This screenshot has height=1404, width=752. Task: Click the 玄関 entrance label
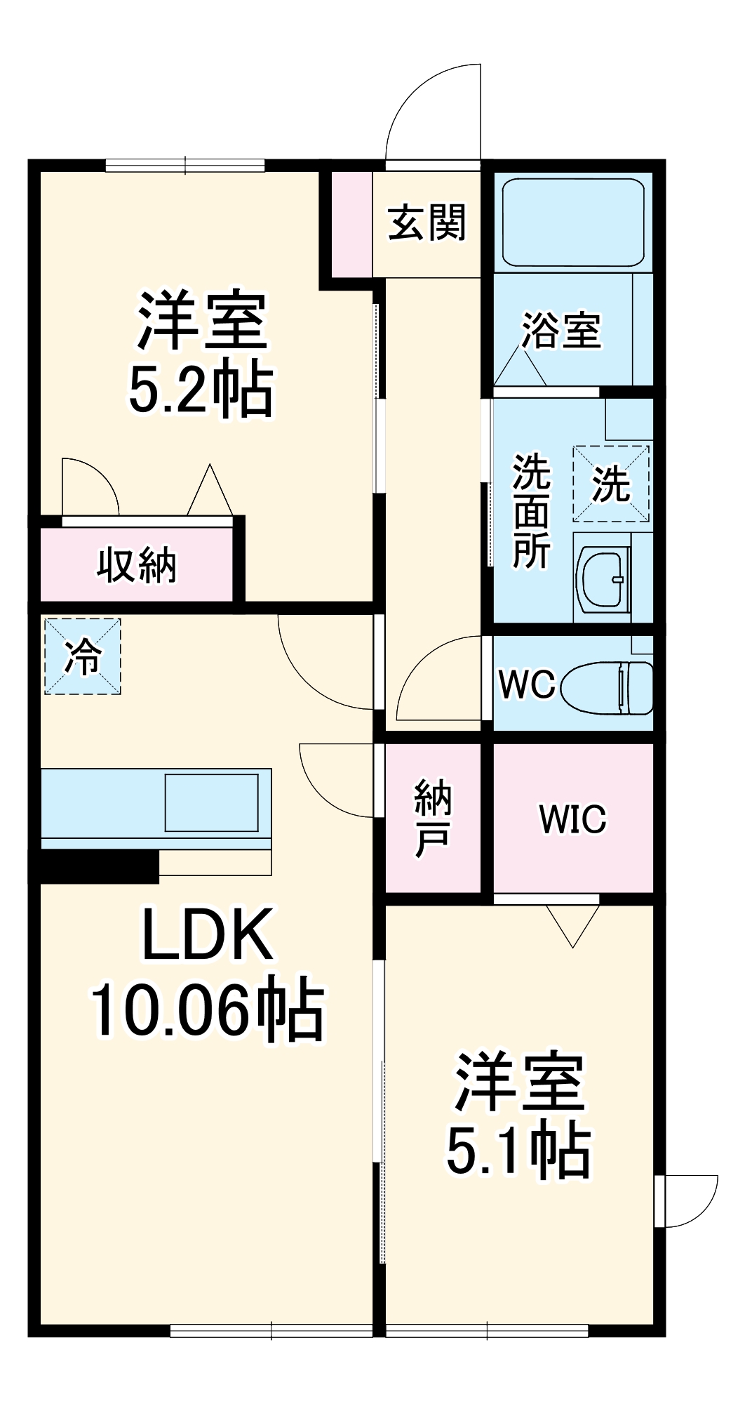coord(427,223)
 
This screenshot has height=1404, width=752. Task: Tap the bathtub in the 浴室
coord(572,223)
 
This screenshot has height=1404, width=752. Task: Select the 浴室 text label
coord(561,330)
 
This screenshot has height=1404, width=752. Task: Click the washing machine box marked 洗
coord(611,484)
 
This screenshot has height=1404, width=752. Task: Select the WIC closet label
coord(572,819)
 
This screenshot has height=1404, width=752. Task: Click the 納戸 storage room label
coord(432,819)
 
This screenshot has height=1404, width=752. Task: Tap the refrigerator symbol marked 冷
coord(83,656)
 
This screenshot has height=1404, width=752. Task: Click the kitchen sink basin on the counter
coord(211,802)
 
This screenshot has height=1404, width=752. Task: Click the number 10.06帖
coord(207,1011)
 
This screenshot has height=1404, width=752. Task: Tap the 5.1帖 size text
coord(518,1152)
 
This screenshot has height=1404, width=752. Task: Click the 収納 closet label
coord(136,564)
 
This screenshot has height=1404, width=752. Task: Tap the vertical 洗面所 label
coord(531,510)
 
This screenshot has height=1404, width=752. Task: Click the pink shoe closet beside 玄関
coord(351,223)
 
